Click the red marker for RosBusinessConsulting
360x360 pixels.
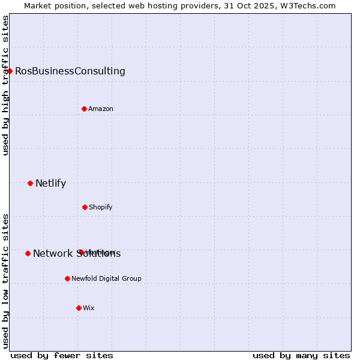pos(10,71)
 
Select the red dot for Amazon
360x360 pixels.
pos(84,109)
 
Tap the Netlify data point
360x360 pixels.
pos(30,183)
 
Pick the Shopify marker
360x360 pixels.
pos(85,207)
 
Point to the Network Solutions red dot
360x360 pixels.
pos(28,253)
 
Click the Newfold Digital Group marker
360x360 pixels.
pos(67,278)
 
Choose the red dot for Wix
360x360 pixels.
pos(79,308)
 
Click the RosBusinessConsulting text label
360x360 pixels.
pos(70,71)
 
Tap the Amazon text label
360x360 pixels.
pos(101,109)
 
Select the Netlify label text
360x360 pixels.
pos(50,183)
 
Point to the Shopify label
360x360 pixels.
pos(101,207)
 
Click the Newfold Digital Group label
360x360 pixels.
pos(107,278)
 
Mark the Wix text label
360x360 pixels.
pos(89,308)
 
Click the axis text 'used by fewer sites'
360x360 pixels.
pos(62,355)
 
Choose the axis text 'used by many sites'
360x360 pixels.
pos(301,355)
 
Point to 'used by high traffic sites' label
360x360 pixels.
pos(5,85)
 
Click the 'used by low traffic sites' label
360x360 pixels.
pos(5,281)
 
